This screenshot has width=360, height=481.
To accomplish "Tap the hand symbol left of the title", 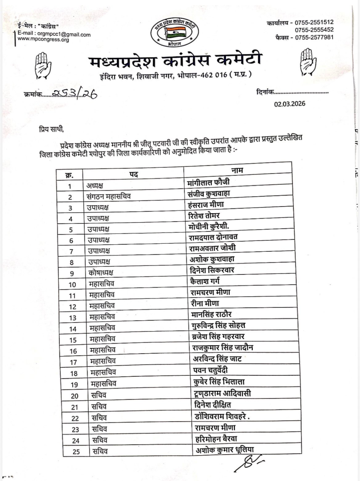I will [43, 65].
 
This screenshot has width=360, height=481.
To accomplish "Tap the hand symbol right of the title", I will [308, 62].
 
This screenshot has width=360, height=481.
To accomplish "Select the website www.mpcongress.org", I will [43, 40].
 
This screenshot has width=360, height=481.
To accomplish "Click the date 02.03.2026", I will [290, 104].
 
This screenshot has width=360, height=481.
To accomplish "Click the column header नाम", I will [237, 170].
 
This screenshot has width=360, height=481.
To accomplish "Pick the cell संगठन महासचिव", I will [109, 197].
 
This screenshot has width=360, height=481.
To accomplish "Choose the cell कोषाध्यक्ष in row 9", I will [100, 273].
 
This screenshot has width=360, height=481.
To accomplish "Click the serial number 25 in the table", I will [73, 452].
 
